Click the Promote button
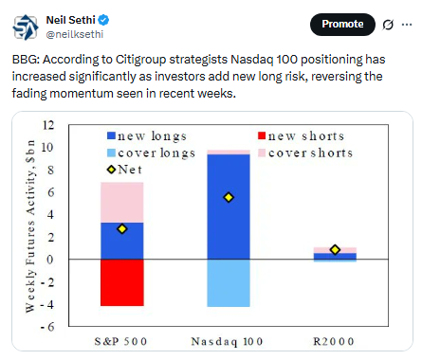[x=342, y=25]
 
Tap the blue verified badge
[x=103, y=20]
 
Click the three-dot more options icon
[x=407, y=25]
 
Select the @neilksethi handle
[x=75, y=34]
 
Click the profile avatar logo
[x=26, y=27]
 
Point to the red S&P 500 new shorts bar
[x=122, y=282]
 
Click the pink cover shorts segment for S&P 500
[x=122, y=203]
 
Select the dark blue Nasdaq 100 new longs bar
[x=229, y=207]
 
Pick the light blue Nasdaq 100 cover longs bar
[x=229, y=283]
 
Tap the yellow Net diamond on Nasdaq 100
[x=229, y=197]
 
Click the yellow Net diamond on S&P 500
[x=122, y=229]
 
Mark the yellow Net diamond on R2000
[x=335, y=250]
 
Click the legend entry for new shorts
[x=301, y=136]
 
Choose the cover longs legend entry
[x=151, y=153]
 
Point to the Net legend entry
[x=124, y=170]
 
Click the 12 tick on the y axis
[x=48, y=125]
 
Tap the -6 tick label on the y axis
[x=47, y=327]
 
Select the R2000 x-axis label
[x=334, y=341]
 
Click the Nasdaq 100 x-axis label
[x=227, y=342]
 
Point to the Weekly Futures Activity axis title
[x=30, y=226]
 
